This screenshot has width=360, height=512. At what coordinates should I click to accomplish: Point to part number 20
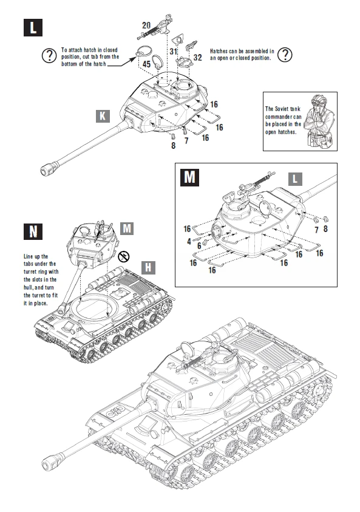tap(146, 25)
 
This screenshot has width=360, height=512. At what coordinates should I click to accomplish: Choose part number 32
tap(197, 57)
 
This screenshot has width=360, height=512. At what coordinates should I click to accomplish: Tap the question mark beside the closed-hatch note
tap(48, 56)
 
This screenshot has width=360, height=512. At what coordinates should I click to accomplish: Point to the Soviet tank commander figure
tap(318, 118)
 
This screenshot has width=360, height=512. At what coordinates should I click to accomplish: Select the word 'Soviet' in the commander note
tap(282, 109)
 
